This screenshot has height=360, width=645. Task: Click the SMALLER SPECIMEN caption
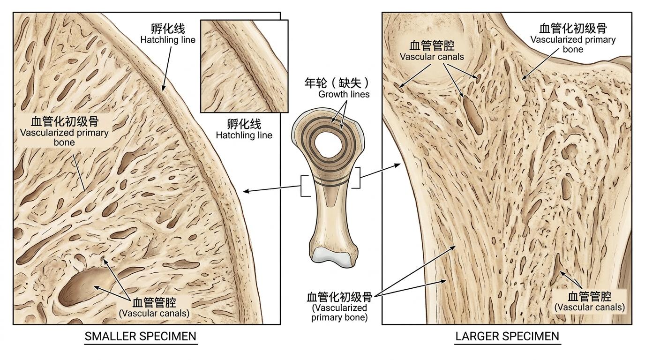[140, 337]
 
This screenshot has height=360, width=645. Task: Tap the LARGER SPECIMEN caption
[507, 337]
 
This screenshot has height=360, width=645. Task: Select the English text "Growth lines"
[344, 94]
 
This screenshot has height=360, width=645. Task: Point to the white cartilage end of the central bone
[332, 257]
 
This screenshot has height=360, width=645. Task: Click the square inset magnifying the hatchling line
[244, 66]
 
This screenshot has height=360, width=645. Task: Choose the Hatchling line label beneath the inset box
[244, 129]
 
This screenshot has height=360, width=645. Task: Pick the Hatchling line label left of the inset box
[168, 34]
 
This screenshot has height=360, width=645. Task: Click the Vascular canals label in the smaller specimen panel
[154, 307]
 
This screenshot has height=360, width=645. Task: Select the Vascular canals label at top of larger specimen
[432, 51]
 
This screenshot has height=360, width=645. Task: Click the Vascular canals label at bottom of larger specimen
[590, 301]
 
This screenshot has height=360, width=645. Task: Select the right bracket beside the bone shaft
[357, 178]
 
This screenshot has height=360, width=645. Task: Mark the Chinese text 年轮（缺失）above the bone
[337, 83]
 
